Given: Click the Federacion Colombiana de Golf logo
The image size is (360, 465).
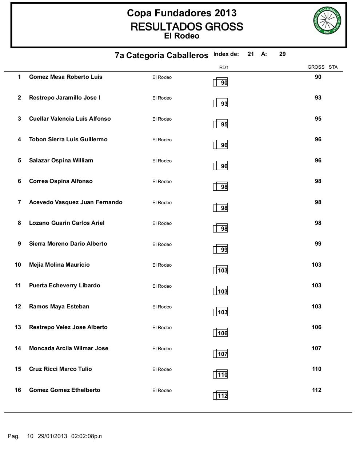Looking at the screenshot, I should [327, 21].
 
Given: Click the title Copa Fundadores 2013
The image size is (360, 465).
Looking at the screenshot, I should [181, 13].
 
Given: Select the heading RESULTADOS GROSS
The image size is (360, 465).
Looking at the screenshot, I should [187, 27].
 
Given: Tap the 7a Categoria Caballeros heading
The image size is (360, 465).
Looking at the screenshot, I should [161, 55].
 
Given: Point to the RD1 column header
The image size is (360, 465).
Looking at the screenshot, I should [224, 67].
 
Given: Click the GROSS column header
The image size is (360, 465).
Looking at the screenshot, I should [316, 67].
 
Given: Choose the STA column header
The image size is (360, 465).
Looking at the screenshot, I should [333, 67].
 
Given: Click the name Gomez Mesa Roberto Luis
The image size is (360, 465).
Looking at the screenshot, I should [66, 77].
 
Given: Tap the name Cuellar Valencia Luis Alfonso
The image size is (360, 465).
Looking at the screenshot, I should [70, 119].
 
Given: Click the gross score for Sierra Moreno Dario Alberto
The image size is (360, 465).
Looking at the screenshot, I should [318, 244].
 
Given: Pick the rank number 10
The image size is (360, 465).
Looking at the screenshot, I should [18, 265].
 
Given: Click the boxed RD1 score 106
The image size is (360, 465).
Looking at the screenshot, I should [222, 333].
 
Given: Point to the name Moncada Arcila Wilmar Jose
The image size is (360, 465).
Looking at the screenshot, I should [69, 348].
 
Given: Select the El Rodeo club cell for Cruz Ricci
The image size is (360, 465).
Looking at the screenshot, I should [162, 369].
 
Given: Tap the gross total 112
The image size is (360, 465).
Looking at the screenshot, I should [316, 390].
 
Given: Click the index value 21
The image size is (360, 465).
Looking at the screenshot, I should [251, 54].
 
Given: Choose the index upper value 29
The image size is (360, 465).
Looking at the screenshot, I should [283, 54].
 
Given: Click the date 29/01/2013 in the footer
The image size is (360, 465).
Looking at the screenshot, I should [52, 436].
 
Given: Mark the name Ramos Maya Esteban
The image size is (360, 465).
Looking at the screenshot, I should [59, 307].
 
